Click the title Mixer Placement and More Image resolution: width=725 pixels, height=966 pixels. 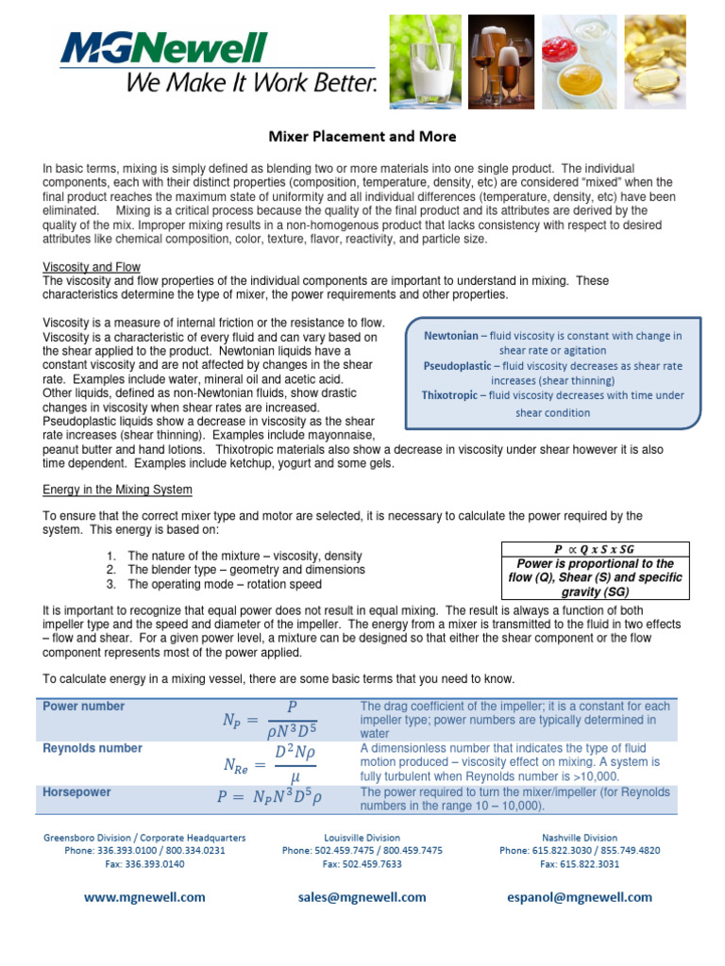point(362,137)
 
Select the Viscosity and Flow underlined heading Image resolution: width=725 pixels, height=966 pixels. point(92,268)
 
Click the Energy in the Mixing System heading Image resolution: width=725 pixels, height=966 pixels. point(118,490)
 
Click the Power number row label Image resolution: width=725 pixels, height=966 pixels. point(84,707)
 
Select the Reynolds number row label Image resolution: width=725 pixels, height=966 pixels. point(93,748)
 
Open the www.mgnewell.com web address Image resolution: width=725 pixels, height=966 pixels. point(144,897)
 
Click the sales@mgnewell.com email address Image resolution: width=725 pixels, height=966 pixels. point(362,897)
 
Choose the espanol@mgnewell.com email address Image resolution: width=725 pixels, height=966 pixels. point(580,897)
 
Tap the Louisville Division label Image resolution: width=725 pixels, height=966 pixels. point(362,838)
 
